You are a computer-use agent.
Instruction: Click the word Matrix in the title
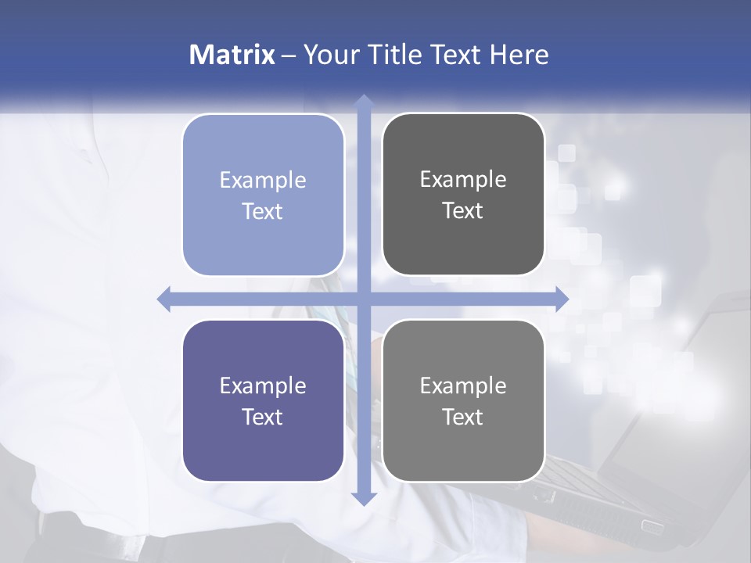[232, 55]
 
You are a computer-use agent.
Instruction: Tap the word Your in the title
[329, 55]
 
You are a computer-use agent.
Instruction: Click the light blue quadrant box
[263, 195]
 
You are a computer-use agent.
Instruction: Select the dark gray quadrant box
[463, 195]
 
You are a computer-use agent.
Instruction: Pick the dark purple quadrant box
[263, 400]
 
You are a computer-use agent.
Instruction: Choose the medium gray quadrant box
[463, 400]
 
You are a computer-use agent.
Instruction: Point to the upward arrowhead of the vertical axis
[363, 102]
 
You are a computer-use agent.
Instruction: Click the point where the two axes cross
[363, 299]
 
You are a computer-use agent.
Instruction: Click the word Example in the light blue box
[263, 180]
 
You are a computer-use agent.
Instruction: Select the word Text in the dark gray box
[463, 211]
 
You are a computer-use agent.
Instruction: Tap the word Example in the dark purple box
[263, 385]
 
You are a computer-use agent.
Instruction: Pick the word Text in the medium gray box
[463, 417]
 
